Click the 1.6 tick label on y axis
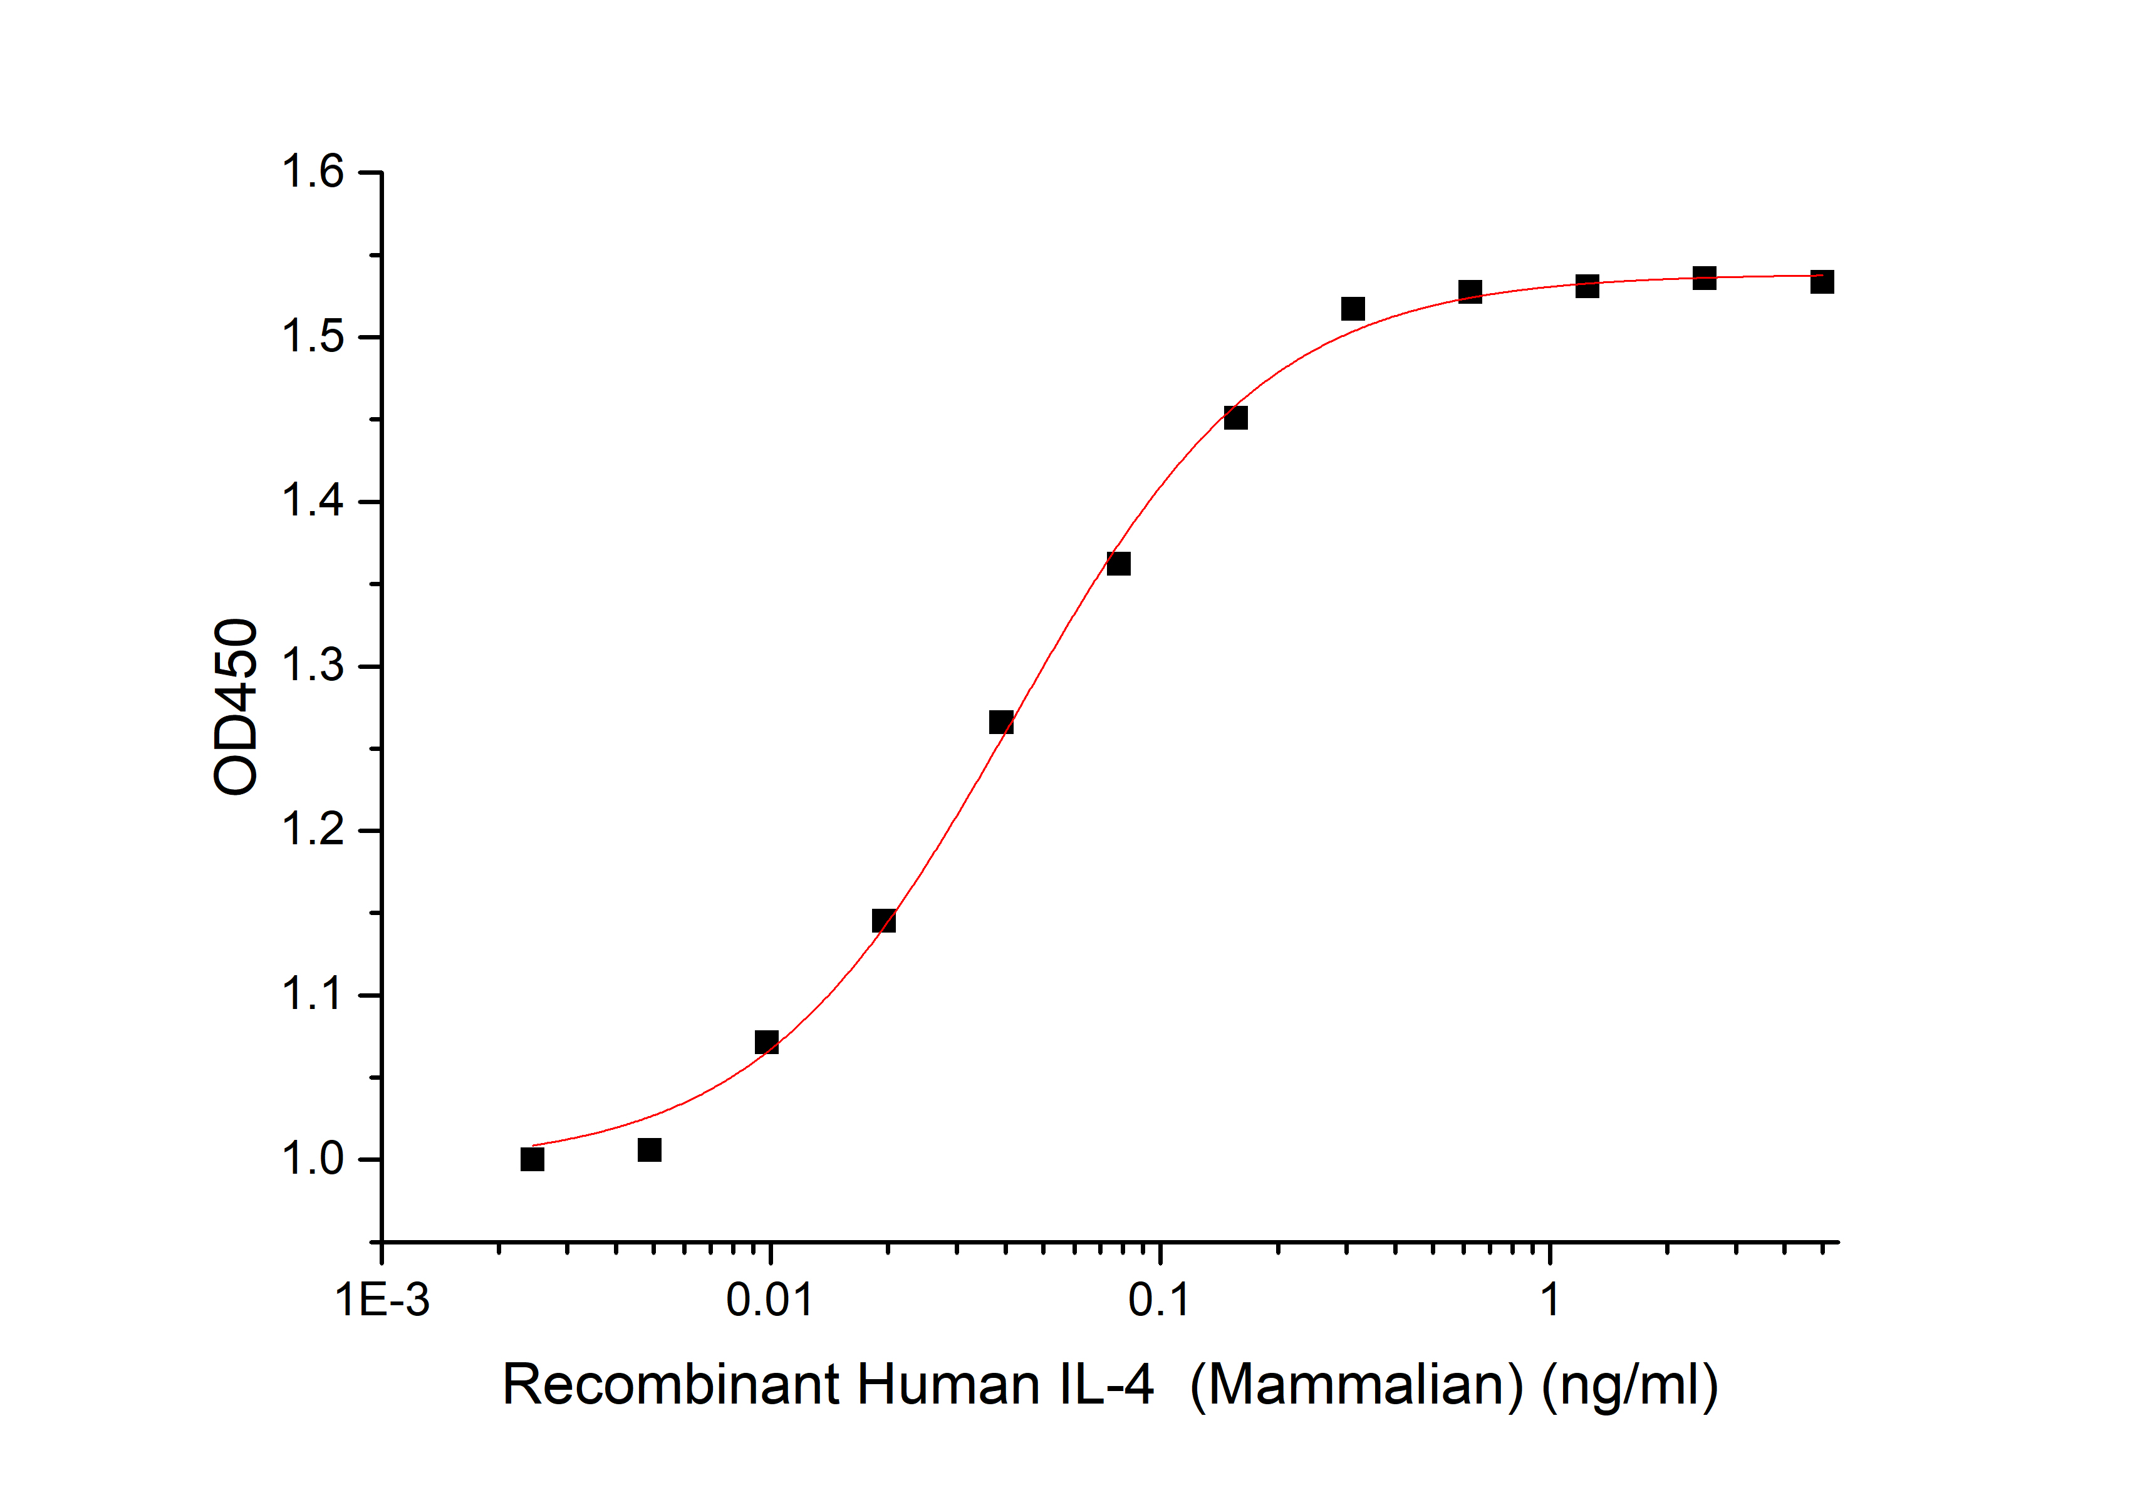pyautogui.click(x=313, y=173)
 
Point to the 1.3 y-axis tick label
pyautogui.click(x=313, y=666)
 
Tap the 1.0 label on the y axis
pyautogui.click(x=313, y=1160)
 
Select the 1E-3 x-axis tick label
pyautogui.click(x=382, y=1300)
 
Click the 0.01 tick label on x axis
pyautogui.click(x=770, y=1300)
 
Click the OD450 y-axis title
pyautogui.click(x=236, y=706)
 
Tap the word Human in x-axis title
pyautogui.click(x=948, y=1385)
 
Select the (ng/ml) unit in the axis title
pyautogui.click(x=1629, y=1385)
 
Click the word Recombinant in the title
pyautogui.click(x=672, y=1385)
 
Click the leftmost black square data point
pyautogui.click(x=532, y=1159)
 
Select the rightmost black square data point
pyautogui.click(x=1822, y=282)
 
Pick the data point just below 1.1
pyautogui.click(x=766, y=1042)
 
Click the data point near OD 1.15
pyautogui.click(x=883, y=921)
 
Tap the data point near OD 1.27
pyautogui.click(x=1000, y=722)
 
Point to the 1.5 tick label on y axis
pyautogui.click(x=313, y=338)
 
